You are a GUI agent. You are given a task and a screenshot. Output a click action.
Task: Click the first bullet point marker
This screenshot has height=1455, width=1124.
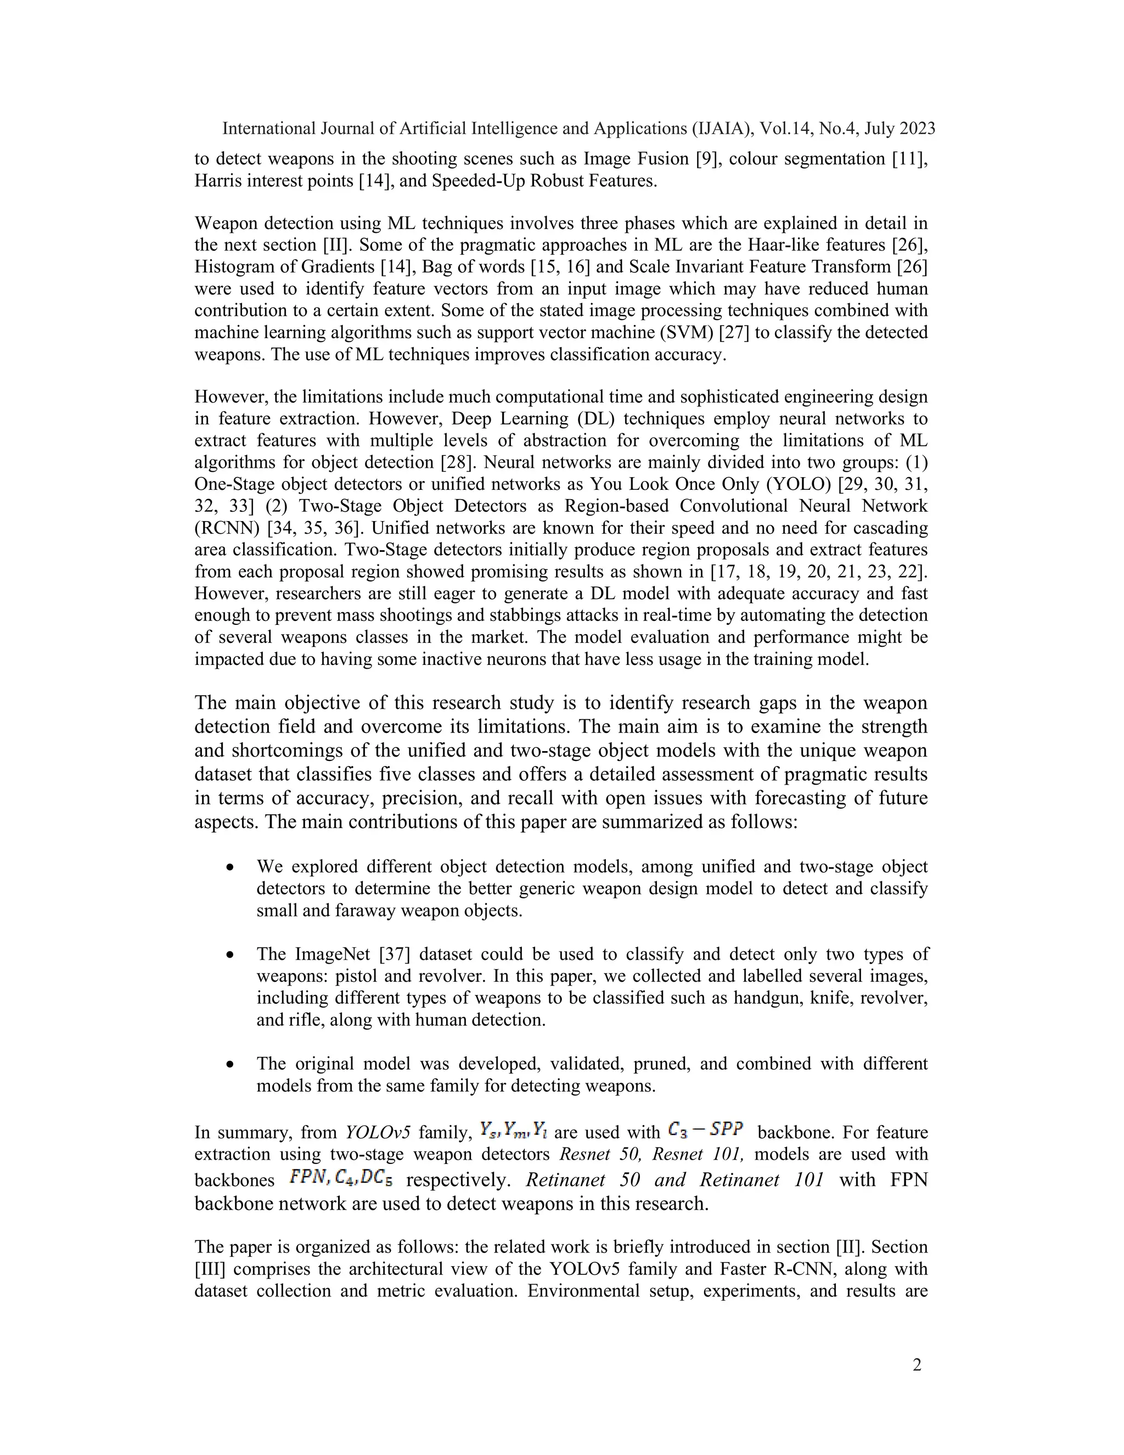(x=230, y=868)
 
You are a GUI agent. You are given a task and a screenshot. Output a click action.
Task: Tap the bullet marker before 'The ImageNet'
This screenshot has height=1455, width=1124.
(x=230, y=955)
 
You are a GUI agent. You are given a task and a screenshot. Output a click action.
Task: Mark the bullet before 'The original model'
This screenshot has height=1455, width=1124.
(x=230, y=1065)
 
